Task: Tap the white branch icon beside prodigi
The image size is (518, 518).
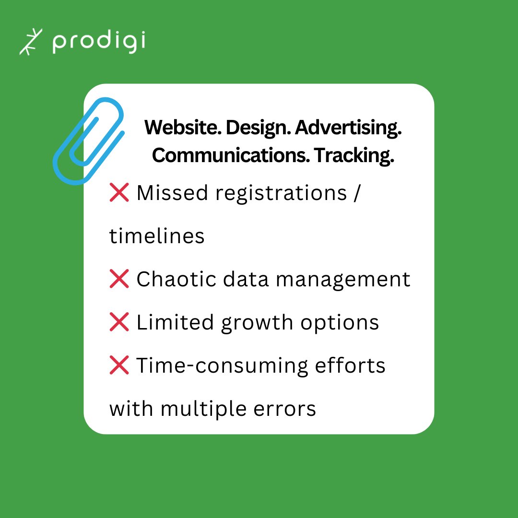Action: tap(31, 42)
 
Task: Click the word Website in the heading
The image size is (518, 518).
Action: tap(182, 128)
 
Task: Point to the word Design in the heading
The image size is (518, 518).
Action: tap(258, 128)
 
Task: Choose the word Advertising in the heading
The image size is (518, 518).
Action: tap(348, 128)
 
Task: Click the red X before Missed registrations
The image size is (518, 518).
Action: tap(119, 193)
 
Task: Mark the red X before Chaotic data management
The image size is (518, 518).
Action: tap(119, 279)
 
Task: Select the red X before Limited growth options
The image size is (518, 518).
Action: tap(119, 322)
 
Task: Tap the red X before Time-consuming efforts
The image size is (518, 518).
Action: tap(119, 365)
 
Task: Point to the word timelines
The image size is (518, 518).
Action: tap(157, 236)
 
